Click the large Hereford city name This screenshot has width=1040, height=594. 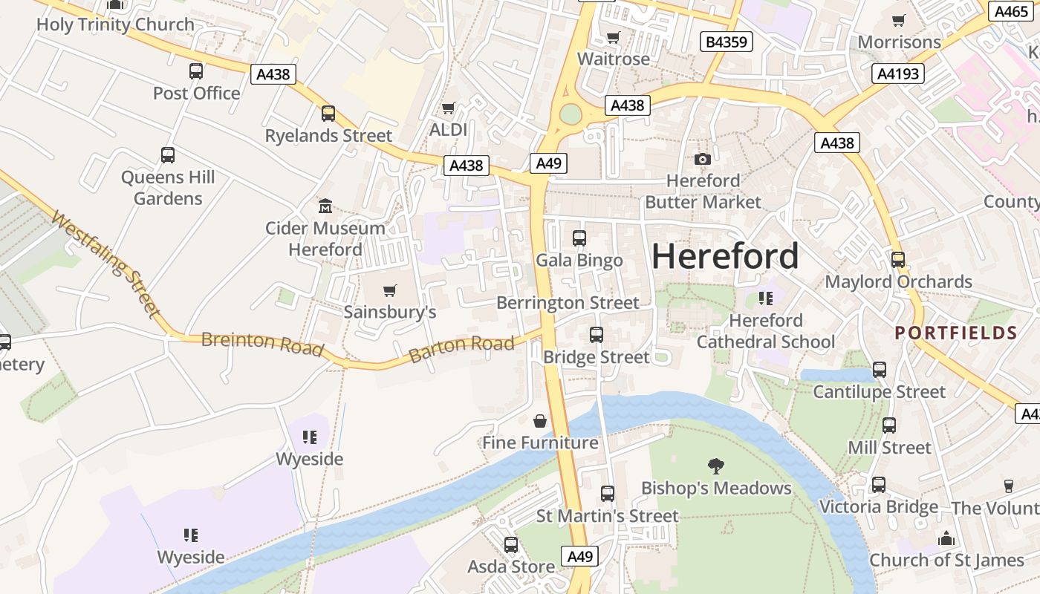(725, 257)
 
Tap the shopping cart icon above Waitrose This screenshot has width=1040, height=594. (613, 38)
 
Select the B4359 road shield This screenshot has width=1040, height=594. (727, 42)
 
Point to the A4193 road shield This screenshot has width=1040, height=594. (897, 74)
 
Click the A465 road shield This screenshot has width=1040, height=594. (1011, 11)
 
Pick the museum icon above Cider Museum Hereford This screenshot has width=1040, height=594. (325, 206)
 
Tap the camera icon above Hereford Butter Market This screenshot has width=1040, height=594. (702, 159)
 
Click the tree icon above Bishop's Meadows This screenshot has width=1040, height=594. (716, 466)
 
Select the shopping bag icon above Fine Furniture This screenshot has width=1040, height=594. (540, 421)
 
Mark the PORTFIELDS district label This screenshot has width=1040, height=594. (955, 333)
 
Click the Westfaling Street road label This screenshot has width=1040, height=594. (107, 264)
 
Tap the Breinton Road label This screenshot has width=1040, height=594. (262, 344)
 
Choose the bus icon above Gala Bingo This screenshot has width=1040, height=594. (579, 238)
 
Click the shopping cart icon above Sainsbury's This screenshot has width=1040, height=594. (389, 290)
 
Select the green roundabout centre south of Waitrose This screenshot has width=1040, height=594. (570, 114)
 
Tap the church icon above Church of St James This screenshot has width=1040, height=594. (946, 538)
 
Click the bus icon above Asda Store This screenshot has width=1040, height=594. (511, 545)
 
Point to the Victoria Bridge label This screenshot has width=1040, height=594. (878, 507)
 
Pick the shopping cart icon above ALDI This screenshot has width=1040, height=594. (448, 108)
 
